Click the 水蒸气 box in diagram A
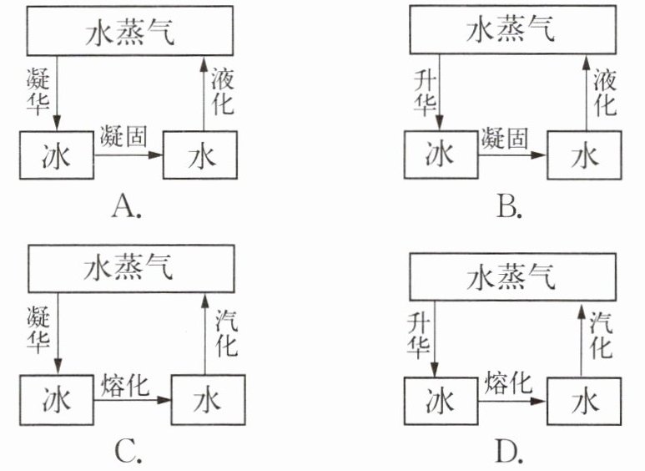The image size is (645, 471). click(x=130, y=31)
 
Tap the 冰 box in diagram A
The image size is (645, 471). click(x=57, y=155)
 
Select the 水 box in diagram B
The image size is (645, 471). click(x=584, y=155)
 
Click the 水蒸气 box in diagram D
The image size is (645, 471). click(x=512, y=276)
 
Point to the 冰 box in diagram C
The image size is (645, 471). click(x=57, y=400)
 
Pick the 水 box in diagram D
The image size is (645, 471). click(x=584, y=401)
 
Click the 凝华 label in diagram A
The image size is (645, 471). click(x=38, y=91)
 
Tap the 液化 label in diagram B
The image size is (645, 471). click(x=605, y=92)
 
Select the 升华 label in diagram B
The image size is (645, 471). click(x=425, y=93)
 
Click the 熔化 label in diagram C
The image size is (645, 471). click(x=124, y=385)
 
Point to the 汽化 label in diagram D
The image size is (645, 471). click(x=601, y=335)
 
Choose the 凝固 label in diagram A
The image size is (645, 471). click(x=123, y=136)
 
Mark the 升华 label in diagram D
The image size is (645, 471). click(x=419, y=335)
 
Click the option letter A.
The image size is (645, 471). click(x=127, y=206)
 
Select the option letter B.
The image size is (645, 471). click(x=509, y=206)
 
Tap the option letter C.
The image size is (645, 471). click(x=128, y=452)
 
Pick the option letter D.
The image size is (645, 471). click(x=509, y=452)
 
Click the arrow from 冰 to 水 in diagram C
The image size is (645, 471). click(x=133, y=400)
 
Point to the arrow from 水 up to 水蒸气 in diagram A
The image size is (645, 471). click(x=204, y=94)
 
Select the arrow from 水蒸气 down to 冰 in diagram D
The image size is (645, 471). click(x=435, y=339)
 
